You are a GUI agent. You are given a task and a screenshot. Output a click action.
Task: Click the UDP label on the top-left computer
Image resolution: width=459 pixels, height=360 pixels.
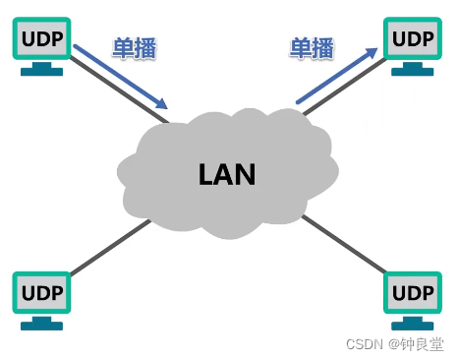(40, 38)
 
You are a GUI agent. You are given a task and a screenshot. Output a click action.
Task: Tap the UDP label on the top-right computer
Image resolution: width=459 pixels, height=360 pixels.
(411, 38)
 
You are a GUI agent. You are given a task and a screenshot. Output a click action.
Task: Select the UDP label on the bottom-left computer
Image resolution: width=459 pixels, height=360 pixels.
(40, 293)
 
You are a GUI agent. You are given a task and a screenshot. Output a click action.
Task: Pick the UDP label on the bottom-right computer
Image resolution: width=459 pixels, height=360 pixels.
(411, 293)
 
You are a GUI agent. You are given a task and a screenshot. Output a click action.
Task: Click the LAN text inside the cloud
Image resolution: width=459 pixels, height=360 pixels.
(226, 175)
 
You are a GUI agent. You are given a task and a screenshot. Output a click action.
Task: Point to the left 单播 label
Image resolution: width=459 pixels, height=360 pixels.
(135, 46)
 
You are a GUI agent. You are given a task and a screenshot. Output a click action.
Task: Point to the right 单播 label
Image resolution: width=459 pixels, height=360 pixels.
(312, 46)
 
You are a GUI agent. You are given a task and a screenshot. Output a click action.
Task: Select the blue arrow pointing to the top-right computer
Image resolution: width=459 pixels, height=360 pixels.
(334, 76)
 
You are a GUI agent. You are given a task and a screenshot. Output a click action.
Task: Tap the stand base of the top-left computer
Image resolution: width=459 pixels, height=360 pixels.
(40, 69)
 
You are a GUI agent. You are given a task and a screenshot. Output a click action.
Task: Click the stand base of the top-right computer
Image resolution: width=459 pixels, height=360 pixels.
(411, 69)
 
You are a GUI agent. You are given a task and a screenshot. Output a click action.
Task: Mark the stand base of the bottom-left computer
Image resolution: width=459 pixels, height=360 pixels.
(40, 324)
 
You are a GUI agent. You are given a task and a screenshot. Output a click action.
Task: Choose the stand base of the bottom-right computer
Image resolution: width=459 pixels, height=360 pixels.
(411, 324)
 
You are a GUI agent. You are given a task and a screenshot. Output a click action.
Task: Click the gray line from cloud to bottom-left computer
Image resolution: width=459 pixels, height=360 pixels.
(108, 246)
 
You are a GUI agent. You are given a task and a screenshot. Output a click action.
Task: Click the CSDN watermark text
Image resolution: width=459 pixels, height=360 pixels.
(365, 344)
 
